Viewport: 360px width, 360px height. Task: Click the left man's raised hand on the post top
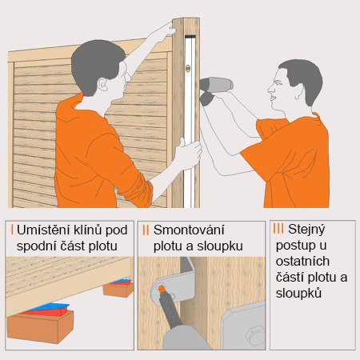point(163,32)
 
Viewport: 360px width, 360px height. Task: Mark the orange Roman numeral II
point(145,230)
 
